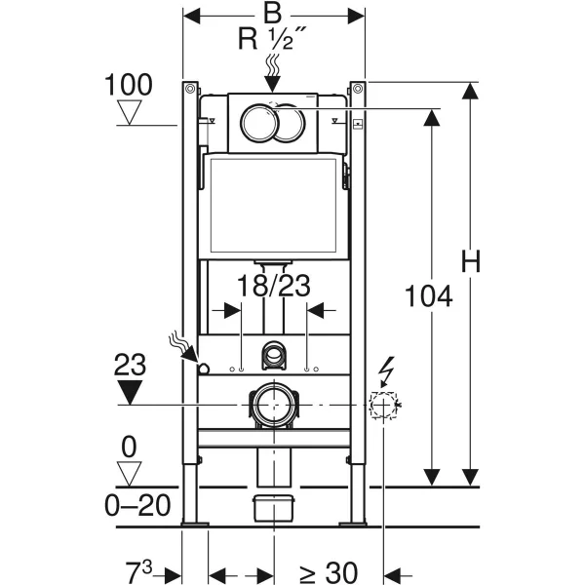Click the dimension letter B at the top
(272, 14)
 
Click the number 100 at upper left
(128, 85)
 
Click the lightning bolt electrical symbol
(385, 370)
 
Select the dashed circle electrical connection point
(384, 404)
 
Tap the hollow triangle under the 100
(128, 114)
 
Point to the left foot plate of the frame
(193, 525)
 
